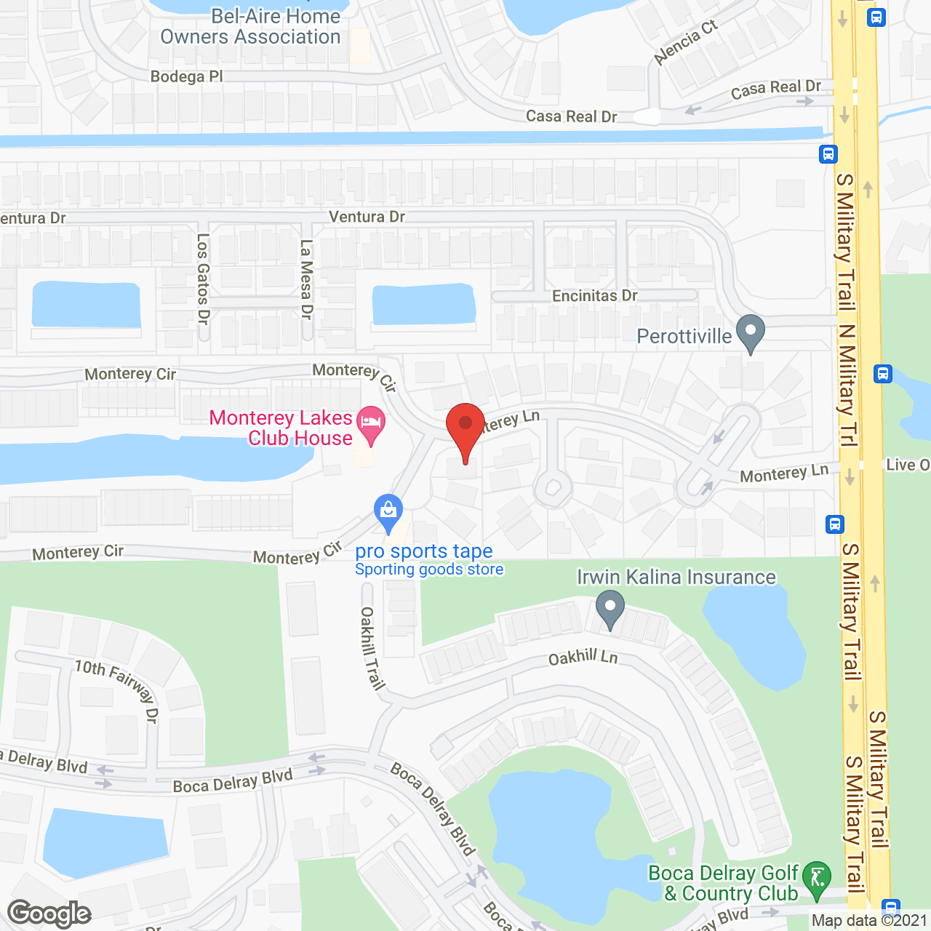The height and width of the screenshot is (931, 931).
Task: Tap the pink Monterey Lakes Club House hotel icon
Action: pyautogui.click(x=372, y=425)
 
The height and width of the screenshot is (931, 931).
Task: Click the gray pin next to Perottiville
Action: pyautogui.click(x=751, y=333)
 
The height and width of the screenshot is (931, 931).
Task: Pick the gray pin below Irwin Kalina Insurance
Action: pyautogui.click(x=610, y=608)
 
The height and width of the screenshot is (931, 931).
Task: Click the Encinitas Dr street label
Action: pyautogui.click(x=594, y=296)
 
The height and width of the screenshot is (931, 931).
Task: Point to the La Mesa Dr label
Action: pyautogui.click(x=306, y=279)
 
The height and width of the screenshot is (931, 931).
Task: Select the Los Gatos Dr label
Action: pyautogui.click(x=203, y=279)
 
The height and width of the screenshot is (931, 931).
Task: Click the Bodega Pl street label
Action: pyautogui.click(x=187, y=76)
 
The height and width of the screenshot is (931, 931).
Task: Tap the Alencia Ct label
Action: pyautogui.click(x=685, y=42)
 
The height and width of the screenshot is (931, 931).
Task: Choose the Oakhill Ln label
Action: pyautogui.click(x=583, y=658)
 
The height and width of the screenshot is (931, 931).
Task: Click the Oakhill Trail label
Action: pyautogui.click(x=372, y=648)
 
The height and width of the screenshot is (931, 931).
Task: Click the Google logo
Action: pyautogui.click(x=49, y=913)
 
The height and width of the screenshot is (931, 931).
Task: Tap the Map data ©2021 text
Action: pyautogui.click(x=869, y=921)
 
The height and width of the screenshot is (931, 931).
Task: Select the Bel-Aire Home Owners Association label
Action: pyautogui.click(x=251, y=27)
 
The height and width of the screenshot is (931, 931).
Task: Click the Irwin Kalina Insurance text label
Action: pyautogui.click(x=676, y=577)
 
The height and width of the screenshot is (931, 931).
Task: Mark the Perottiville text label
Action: pyautogui.click(x=684, y=336)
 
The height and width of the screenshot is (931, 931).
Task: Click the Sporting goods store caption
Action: pyautogui.click(x=429, y=570)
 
